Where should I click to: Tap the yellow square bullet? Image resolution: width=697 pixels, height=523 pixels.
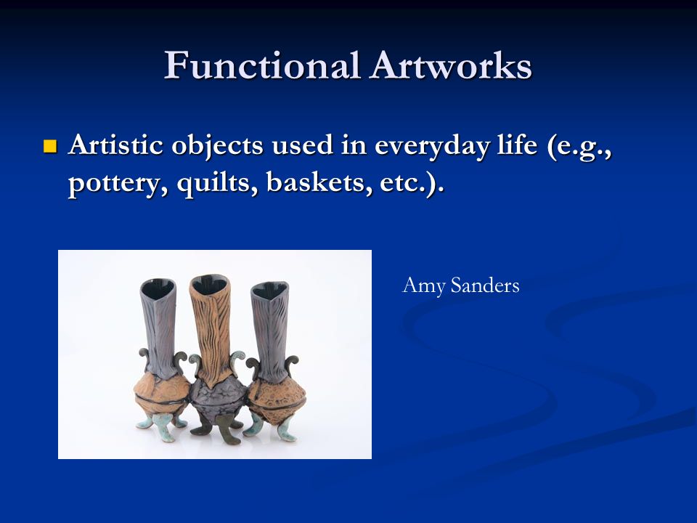click(50, 146)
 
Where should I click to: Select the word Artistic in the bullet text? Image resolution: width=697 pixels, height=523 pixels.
click(116, 145)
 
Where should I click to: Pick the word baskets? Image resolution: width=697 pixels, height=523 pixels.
click(319, 182)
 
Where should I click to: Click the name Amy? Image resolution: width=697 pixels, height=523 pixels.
click(423, 286)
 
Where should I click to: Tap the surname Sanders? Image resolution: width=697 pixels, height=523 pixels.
click(485, 285)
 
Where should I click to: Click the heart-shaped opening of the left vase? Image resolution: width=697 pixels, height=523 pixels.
click(158, 287)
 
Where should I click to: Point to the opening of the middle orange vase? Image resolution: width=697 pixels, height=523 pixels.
click(209, 284)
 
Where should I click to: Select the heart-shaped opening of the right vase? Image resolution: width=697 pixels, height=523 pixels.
click(269, 289)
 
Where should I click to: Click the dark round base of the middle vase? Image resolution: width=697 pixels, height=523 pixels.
click(218, 397)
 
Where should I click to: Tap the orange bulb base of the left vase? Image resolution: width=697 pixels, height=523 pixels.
click(162, 395)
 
